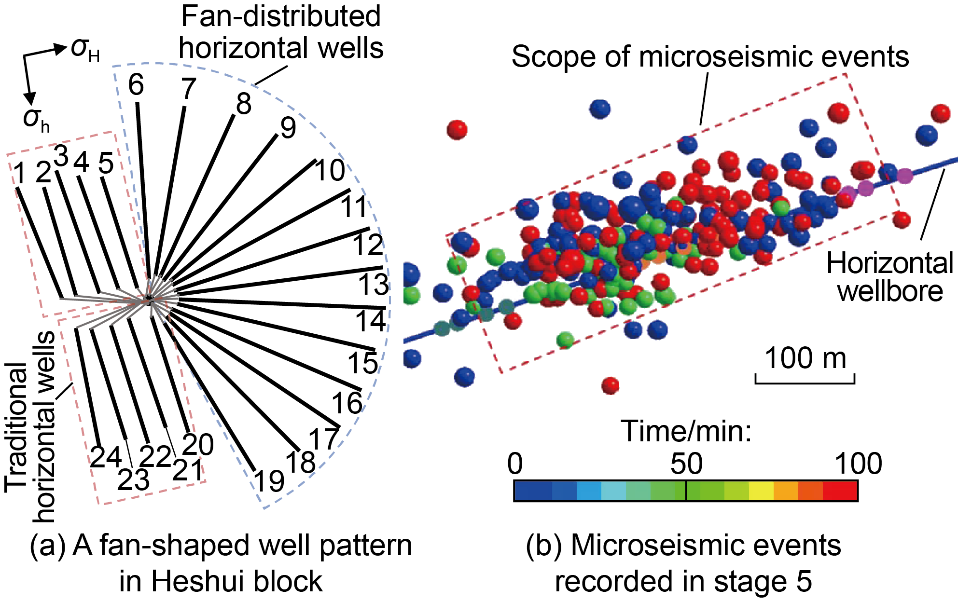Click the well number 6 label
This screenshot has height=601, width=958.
tap(136, 85)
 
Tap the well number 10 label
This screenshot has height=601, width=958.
tap(330, 170)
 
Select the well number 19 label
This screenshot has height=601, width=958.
tap(269, 481)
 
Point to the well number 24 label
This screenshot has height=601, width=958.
tap(106, 457)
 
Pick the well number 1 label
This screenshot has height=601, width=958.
tap(20, 174)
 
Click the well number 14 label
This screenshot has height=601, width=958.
tap(371, 321)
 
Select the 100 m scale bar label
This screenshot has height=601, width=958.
tap(805, 358)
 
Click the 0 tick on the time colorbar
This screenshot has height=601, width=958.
tap(515, 464)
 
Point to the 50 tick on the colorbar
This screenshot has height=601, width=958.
tap(686, 464)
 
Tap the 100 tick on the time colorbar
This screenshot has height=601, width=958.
tap(858, 464)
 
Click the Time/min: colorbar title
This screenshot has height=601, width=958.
tap(686, 430)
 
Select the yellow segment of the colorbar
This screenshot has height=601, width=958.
tap(761, 491)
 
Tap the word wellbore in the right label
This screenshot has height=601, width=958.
tap(890, 291)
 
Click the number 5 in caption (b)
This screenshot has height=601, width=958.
tap(804, 581)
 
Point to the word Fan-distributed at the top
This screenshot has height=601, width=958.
tap(280, 16)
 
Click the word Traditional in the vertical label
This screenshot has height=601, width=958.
tap(16, 427)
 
